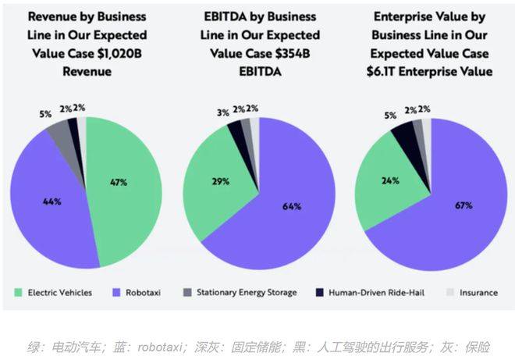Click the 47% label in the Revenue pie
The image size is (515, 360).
point(119,182)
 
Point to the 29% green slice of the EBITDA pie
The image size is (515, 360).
point(221,181)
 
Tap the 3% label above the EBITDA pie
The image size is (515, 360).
point(223,112)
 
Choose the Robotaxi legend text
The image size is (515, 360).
point(146,292)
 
